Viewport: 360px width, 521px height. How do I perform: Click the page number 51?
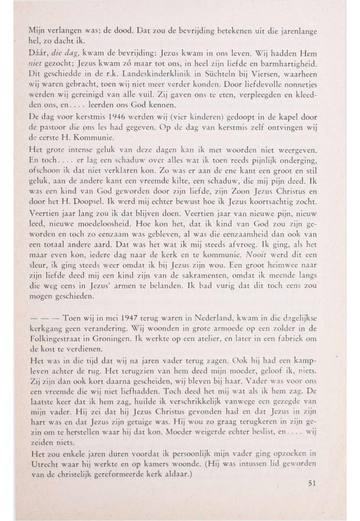pos(313,483)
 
